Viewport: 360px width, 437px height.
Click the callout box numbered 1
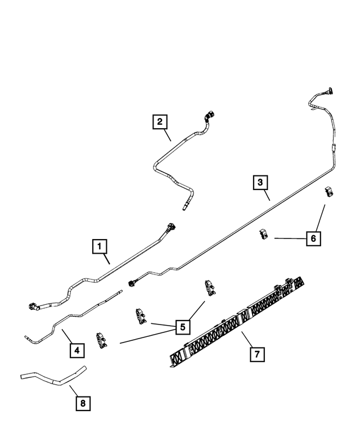click(99, 246)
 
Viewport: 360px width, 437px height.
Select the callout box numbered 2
click(160, 121)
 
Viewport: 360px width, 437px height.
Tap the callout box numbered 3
click(260, 182)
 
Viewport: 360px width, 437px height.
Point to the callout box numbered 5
click(182, 326)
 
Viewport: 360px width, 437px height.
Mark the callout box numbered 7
click(256, 354)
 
